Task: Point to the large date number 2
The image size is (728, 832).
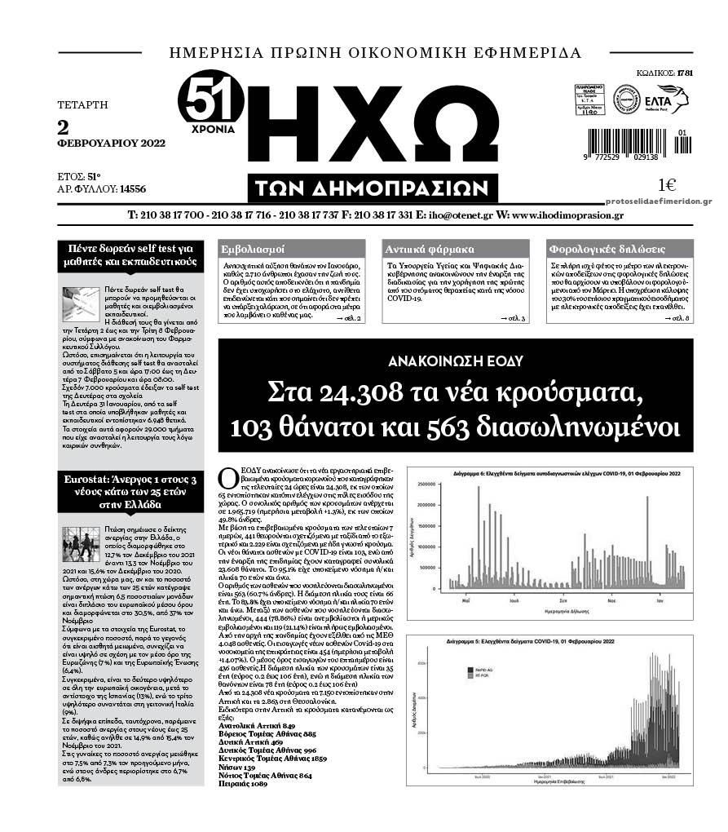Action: click(x=63, y=127)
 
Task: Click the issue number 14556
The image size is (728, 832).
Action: click(x=132, y=189)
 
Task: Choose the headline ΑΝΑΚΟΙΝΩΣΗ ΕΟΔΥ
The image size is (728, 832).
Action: click(x=455, y=359)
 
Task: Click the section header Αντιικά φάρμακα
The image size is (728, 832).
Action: click(x=420, y=249)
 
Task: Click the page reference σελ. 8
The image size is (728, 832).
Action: click(x=677, y=317)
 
